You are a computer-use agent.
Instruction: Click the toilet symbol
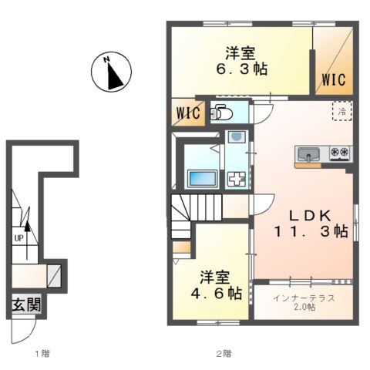point(221,113)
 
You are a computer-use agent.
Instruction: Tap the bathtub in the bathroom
point(203,179)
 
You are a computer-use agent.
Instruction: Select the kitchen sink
point(308,155)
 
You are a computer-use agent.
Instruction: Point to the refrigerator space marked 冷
point(341,111)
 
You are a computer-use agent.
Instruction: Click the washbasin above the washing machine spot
point(237,137)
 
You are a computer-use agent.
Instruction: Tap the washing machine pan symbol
point(237,180)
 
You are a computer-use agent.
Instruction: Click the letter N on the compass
point(106,59)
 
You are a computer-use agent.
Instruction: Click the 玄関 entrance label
point(26,305)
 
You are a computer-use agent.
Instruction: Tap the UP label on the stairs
point(18,238)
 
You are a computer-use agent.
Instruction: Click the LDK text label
point(310,216)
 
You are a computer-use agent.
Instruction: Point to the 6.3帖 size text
point(242,69)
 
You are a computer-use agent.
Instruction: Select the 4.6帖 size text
point(217,293)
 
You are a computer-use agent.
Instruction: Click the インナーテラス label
point(304,298)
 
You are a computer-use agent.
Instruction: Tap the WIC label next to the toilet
point(188,113)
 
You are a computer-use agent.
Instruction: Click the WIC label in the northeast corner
point(334,79)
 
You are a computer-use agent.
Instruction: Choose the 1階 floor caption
point(42,354)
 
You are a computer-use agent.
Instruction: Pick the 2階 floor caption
point(224,354)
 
